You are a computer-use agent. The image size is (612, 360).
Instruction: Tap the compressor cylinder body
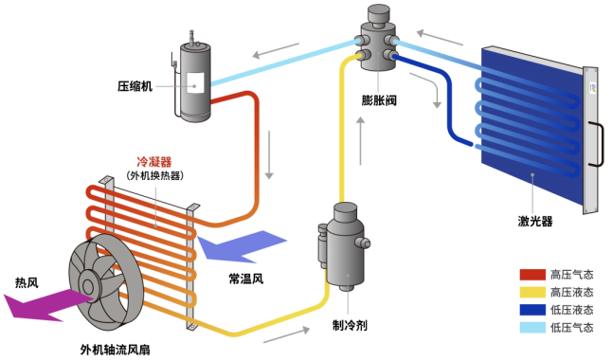[x=195, y=81]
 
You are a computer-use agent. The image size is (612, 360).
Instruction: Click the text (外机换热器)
[x=153, y=175]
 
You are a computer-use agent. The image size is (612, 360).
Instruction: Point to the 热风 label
[x=27, y=283]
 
